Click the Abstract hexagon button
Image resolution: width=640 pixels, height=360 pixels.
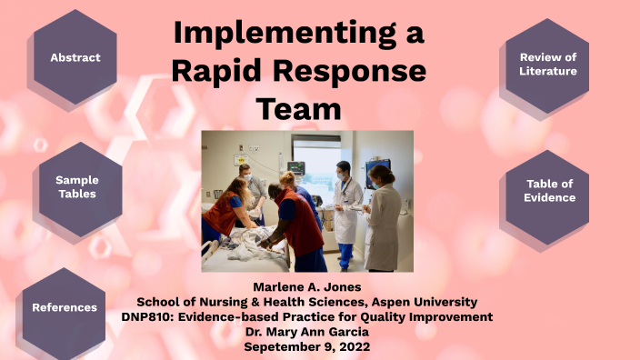tap(75, 57)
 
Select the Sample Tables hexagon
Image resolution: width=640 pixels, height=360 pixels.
tap(76, 186)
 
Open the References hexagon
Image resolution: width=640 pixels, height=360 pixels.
tap(65, 307)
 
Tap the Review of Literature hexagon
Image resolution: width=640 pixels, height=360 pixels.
tap(548, 64)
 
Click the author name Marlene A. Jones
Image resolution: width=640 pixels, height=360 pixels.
tap(306, 286)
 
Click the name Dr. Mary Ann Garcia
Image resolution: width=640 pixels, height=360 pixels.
tap(306, 331)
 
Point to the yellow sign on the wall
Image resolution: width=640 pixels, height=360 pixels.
tap(241, 160)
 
